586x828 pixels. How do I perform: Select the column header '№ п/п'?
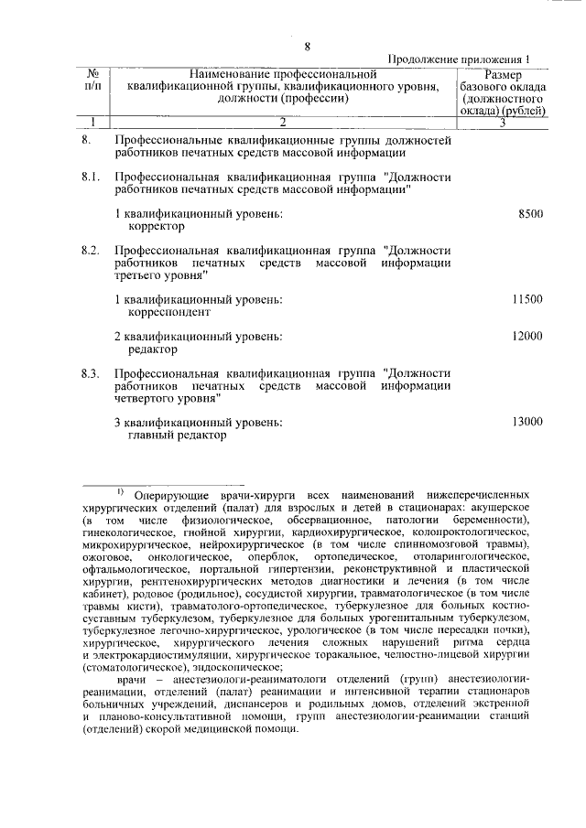point(92,81)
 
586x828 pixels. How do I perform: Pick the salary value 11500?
point(527,299)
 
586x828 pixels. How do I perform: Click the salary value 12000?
point(527,337)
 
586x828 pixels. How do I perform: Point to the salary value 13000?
point(527,422)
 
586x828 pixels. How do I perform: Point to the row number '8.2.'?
point(90,250)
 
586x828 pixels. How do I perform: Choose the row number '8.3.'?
point(90,373)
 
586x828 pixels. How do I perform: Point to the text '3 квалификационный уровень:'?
point(199,423)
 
